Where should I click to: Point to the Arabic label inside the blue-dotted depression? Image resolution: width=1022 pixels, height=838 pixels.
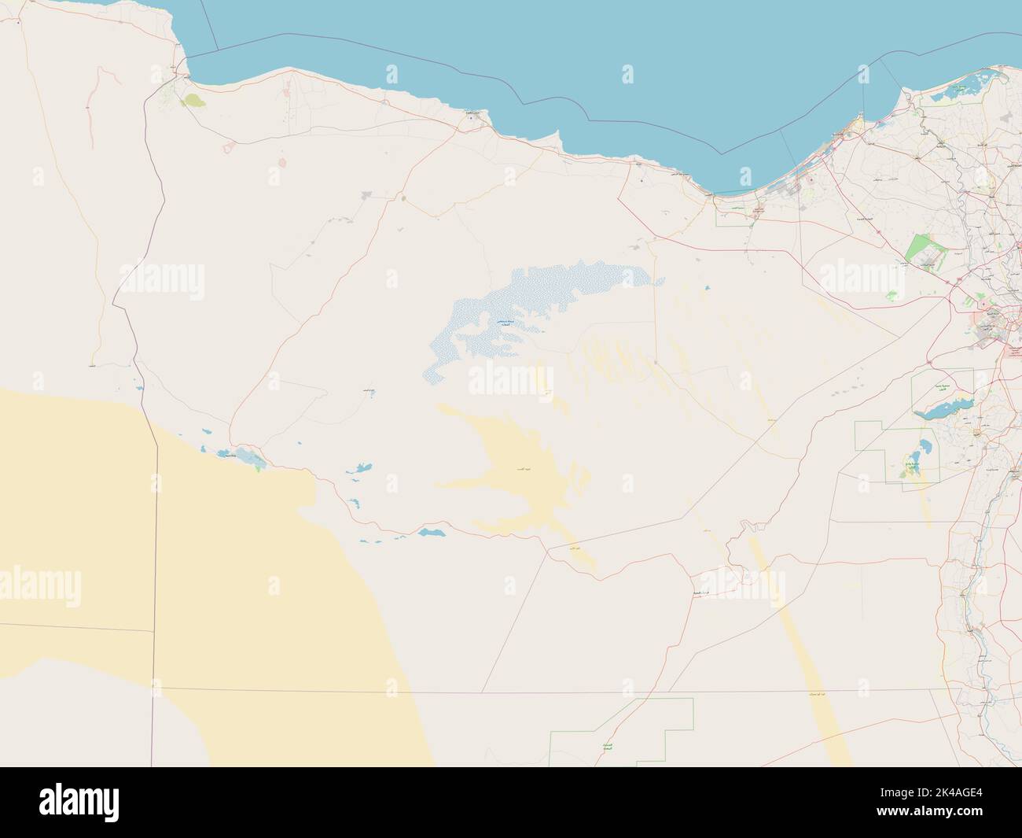tap(501, 323)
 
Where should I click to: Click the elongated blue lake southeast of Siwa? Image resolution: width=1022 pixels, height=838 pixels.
tap(431, 533)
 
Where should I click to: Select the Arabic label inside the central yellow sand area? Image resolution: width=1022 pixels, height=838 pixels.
tap(519, 468)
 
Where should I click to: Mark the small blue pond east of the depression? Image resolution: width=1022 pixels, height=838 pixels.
tap(708, 288)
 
